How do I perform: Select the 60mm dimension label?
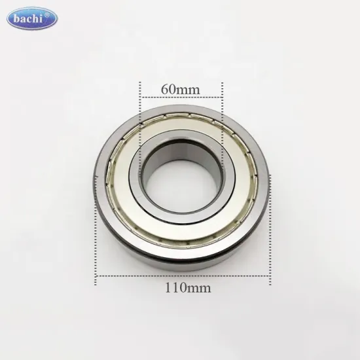(x=180, y=86)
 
